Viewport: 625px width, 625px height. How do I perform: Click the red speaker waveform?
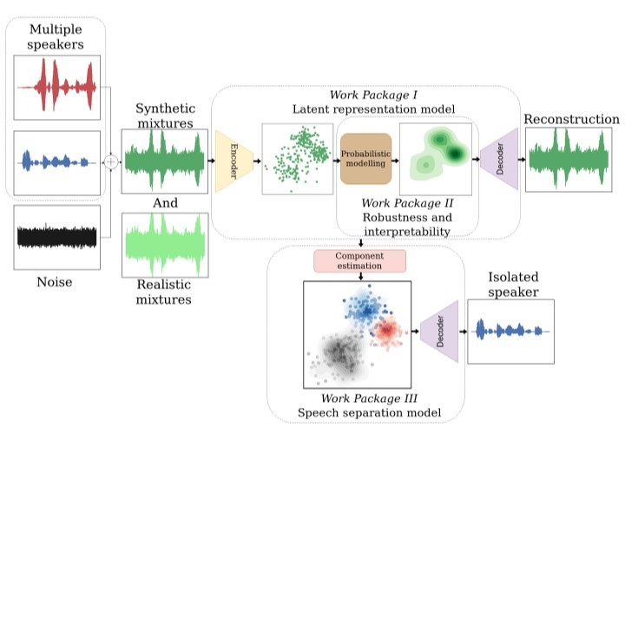[57, 88]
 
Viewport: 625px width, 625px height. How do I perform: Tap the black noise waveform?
[57, 236]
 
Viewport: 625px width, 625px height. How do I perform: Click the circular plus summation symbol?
[111, 161]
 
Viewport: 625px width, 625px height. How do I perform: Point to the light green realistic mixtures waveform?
[164, 245]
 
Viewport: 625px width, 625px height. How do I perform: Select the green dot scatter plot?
[297, 159]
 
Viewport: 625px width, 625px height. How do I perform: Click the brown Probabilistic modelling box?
[365, 160]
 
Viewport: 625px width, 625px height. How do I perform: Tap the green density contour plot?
[435, 159]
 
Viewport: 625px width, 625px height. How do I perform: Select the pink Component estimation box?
[359, 261]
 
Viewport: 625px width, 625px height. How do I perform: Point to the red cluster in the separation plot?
[387, 330]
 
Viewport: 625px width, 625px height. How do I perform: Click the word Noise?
[54, 282]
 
